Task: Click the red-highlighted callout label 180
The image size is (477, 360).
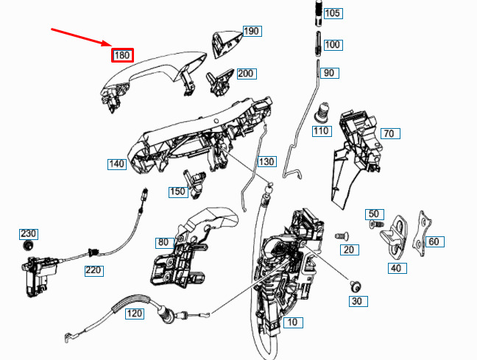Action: click(122, 55)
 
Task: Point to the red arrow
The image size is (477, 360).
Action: click(82, 38)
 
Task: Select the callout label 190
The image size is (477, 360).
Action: click(252, 31)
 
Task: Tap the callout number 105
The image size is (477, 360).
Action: click(333, 13)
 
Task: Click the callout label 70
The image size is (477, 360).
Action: click(390, 133)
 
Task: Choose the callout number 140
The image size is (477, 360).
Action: click(117, 164)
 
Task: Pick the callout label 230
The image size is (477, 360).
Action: click(29, 233)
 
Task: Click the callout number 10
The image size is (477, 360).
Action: click(293, 322)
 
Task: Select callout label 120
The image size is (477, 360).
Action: click(135, 314)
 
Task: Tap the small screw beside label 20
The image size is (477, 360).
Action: click(342, 236)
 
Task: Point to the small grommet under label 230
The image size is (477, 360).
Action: click(28, 245)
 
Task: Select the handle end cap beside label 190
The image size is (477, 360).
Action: click(226, 43)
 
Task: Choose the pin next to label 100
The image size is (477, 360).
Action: click(318, 43)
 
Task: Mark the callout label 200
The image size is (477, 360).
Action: click(247, 74)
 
